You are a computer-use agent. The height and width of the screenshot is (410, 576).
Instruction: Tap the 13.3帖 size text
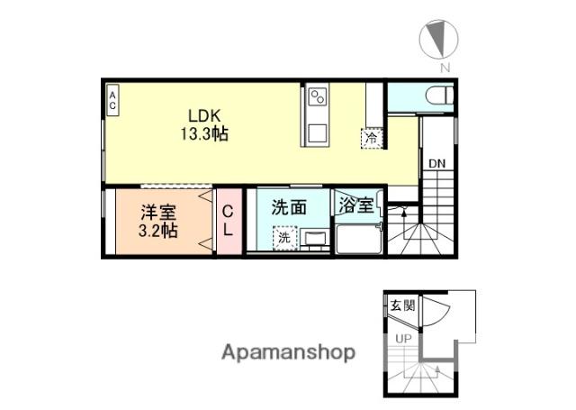[205, 133]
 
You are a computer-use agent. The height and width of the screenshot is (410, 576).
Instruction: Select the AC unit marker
[112, 98]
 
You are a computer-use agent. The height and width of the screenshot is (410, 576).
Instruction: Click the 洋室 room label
[158, 213]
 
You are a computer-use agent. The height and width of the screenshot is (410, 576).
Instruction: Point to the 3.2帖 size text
[158, 231]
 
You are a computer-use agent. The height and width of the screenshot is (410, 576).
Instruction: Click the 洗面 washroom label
[290, 206]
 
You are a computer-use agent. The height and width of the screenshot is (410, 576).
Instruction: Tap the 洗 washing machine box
[284, 238]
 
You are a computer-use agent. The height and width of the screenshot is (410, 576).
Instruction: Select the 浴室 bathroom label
[356, 205]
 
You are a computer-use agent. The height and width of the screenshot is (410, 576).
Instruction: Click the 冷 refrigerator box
[371, 138]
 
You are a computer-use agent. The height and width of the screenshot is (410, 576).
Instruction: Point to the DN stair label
[436, 164]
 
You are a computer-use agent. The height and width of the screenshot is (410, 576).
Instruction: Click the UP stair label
[406, 339]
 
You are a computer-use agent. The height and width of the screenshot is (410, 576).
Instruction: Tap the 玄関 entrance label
[402, 305]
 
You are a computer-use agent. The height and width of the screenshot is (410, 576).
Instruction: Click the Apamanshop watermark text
[288, 351]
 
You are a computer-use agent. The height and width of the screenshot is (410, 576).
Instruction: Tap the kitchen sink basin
[317, 132]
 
